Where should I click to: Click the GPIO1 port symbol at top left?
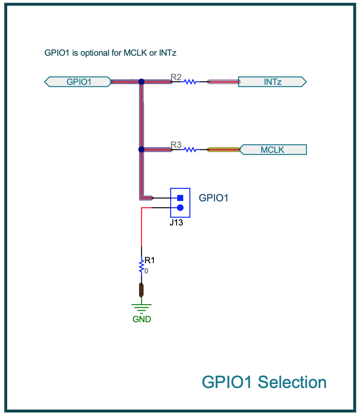(78, 82)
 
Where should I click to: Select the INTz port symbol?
(272, 82)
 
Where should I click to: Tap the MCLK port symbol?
(273, 150)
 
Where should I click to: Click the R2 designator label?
(176, 77)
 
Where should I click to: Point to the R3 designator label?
(176, 145)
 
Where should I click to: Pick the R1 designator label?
(150, 260)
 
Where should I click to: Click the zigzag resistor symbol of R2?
(190, 82)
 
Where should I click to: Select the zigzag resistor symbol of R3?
(190, 150)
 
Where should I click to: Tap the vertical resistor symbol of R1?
(142, 266)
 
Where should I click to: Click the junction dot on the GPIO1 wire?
(142, 82)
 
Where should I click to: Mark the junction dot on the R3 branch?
(142, 150)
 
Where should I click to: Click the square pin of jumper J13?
(180, 198)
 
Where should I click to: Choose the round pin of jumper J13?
(180, 208)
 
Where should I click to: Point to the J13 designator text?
(176, 223)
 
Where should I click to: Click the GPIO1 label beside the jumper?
(213, 198)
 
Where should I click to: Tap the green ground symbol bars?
(142, 309)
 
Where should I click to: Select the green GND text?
(142, 319)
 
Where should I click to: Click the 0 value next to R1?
(146, 271)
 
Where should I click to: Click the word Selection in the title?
(292, 382)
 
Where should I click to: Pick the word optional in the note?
(95, 53)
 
